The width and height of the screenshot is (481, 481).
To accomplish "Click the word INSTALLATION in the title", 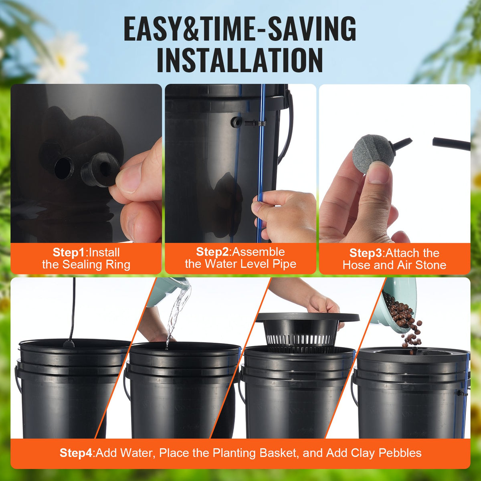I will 240,60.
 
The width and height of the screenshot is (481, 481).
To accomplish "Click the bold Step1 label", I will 69,253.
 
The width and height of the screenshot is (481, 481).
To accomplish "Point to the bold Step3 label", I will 366,253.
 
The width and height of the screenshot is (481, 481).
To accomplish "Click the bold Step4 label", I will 76,453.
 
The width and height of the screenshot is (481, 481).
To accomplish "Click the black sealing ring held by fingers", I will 100,169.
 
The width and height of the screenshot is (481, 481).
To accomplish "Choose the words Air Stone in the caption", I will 421,265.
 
